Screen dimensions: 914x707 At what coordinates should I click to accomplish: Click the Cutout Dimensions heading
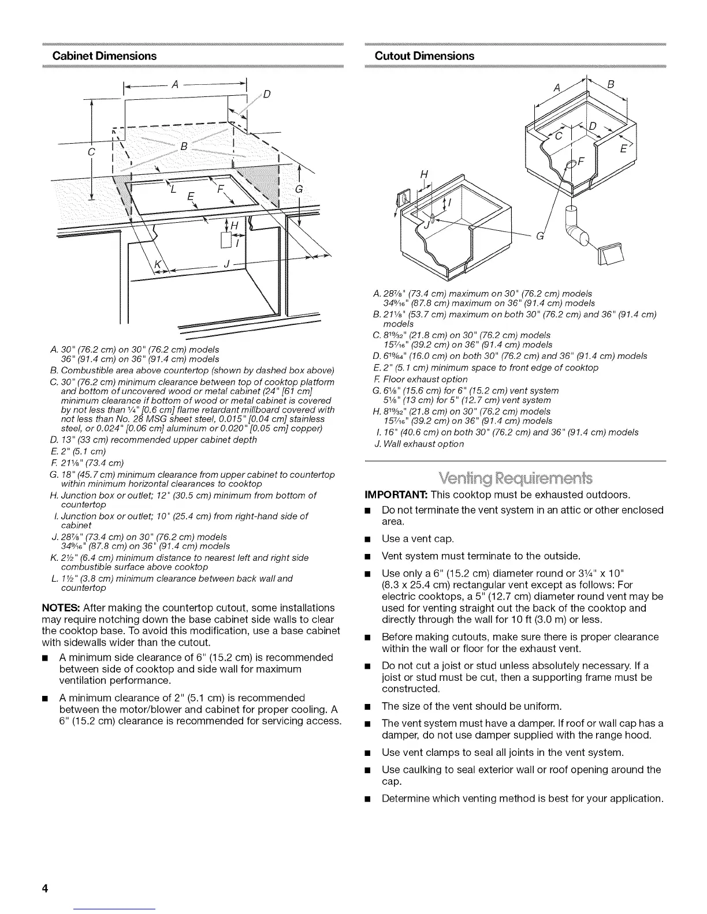click(x=425, y=56)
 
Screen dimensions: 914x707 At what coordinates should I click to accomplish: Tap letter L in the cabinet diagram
click(x=172, y=191)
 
